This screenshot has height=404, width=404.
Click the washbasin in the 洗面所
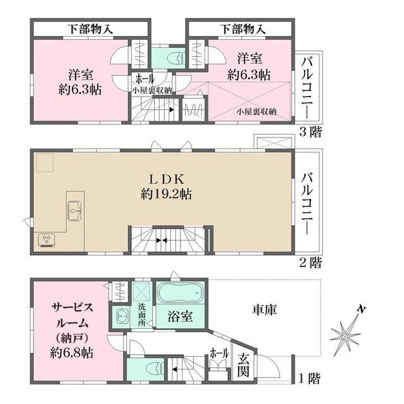coord(120,316)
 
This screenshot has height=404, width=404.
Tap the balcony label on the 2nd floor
coord(307,202)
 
